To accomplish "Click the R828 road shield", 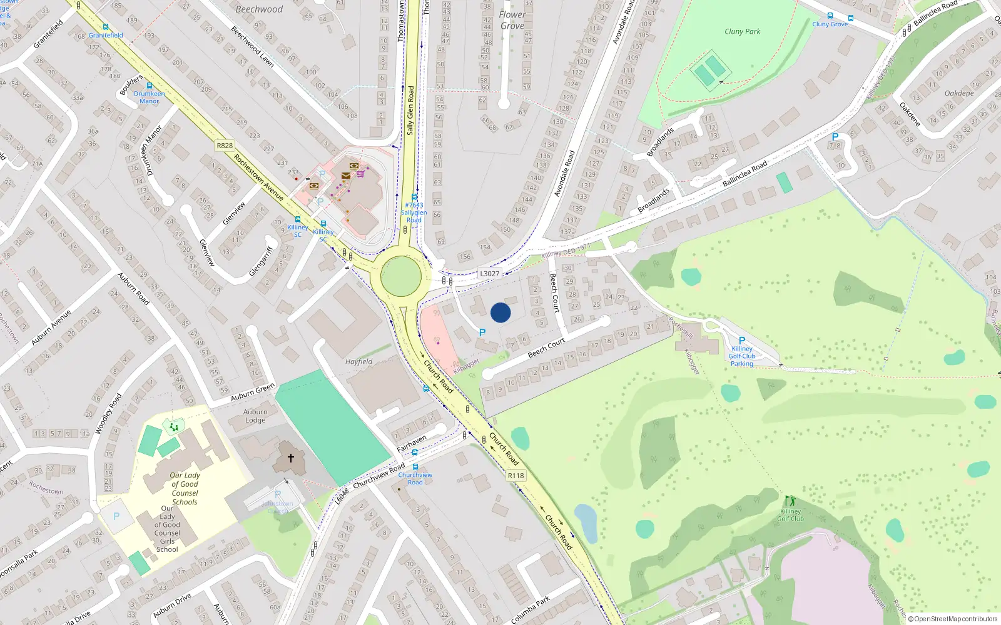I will coord(225,146).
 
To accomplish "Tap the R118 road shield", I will coord(516,476).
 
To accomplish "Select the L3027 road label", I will coord(489,273).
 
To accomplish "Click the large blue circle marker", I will coord(500,312).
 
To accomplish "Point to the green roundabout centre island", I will coord(401,276).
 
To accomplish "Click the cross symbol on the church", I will coord(290,458).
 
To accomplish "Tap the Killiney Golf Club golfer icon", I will coord(790,501).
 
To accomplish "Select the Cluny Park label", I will coord(742,31).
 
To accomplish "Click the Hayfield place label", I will coord(358,361).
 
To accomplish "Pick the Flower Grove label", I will coord(512,20).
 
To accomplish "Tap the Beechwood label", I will coord(259,9).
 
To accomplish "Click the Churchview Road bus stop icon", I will coord(415,467).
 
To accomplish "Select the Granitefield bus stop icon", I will coord(106,27).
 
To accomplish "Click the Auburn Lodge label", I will coord(255,416).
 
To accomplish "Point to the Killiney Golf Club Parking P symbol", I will coord(742,341).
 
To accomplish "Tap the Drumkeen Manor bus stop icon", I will coord(150,86).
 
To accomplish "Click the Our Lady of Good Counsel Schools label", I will coord(185,488).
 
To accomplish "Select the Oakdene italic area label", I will coord(959,93).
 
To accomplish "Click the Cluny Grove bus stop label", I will coord(830,24).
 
